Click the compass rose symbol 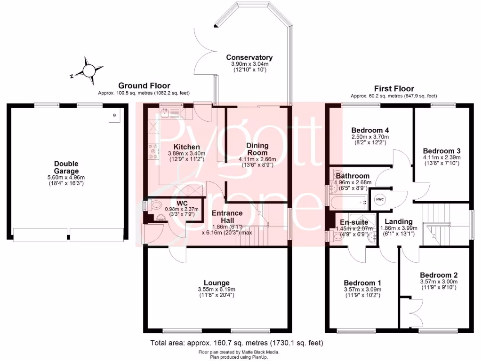click(88, 70)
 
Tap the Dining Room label click(257, 149)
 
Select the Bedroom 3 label click(435, 150)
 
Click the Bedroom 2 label click(439, 275)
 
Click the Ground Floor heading click(144, 86)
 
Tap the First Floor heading click(394, 88)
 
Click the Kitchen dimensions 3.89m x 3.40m click(183, 153)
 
